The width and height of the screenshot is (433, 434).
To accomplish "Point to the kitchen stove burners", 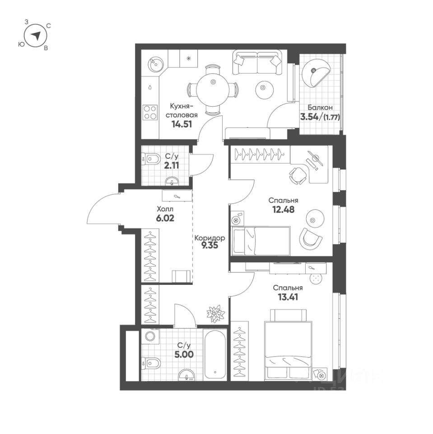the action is click(x=150, y=112).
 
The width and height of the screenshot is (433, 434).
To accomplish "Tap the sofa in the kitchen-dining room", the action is click(x=256, y=63).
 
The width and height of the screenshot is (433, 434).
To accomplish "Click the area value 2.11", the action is click(x=172, y=165).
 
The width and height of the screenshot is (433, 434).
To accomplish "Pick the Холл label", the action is click(x=164, y=209).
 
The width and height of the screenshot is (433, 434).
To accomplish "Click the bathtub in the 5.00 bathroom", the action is click(x=216, y=354).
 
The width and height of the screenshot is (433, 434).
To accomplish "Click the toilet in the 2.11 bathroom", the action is click(x=152, y=158).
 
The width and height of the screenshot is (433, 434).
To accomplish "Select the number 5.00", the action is click(x=184, y=354).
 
